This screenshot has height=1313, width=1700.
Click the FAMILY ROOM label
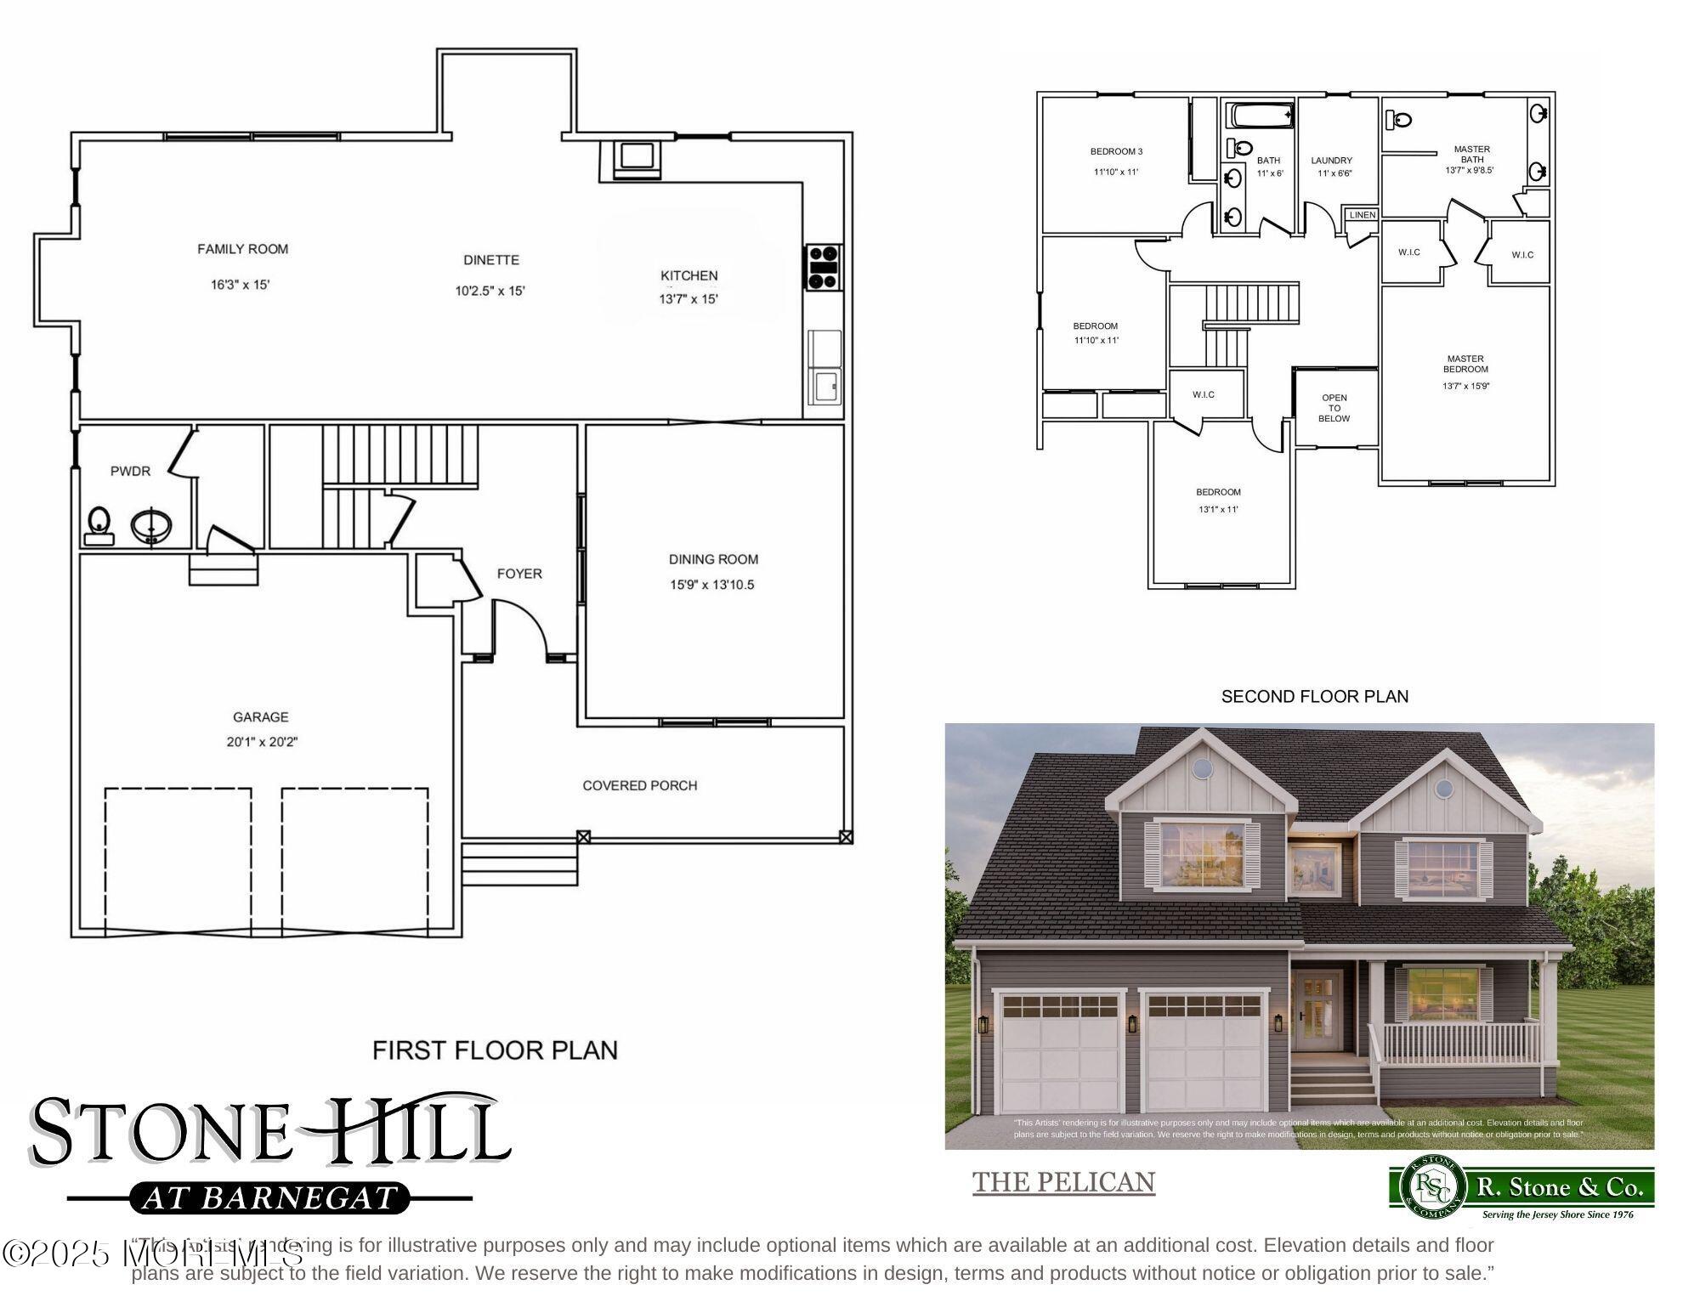242,249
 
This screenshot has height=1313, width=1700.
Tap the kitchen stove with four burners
823,267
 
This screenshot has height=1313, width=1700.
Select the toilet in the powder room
99,525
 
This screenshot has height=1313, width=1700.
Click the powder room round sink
151,525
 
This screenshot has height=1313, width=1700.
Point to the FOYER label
518,574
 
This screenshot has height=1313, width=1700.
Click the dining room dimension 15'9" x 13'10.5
711,585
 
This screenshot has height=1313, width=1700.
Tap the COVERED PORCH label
639,785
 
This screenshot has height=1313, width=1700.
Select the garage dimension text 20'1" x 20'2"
262,741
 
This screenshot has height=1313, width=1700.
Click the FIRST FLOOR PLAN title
495,1050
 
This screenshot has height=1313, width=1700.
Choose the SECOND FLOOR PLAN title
1314,697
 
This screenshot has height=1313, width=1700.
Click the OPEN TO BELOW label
1334,408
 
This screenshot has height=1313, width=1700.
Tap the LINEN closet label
1362,215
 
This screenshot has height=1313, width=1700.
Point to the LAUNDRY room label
1331,161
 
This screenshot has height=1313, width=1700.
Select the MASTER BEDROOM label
1465,364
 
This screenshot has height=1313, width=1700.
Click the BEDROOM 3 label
1116,151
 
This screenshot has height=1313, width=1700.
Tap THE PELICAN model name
1063,1182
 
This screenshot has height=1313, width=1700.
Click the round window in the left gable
1202,767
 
